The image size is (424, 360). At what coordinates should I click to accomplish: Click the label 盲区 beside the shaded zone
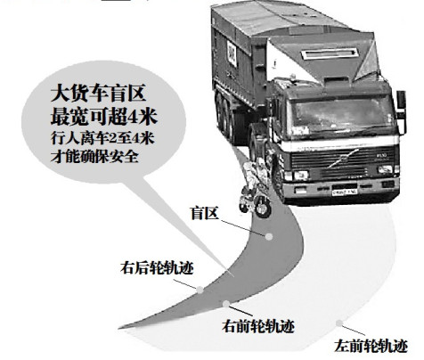pyautogui.click(x=205, y=213)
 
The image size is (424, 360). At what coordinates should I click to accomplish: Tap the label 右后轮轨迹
pyautogui.click(x=157, y=268)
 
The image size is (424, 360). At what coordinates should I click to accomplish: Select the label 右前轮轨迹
pyautogui.click(x=258, y=326)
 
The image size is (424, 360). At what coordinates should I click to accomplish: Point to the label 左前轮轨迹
pyautogui.click(x=371, y=346)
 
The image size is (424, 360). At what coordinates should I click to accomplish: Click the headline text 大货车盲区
pyautogui.click(x=98, y=94)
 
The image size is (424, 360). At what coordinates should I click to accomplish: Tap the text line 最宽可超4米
pyautogui.click(x=103, y=117)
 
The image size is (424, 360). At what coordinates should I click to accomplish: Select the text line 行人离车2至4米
pyautogui.click(x=102, y=138)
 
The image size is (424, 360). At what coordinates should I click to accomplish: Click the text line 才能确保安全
pyautogui.click(x=94, y=157)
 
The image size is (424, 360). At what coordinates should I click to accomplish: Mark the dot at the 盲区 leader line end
pyautogui.click(x=269, y=236)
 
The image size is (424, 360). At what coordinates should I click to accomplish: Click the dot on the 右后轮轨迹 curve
pyautogui.click(x=200, y=290)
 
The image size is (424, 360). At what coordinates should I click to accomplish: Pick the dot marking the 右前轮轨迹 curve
pyautogui.click(x=226, y=304)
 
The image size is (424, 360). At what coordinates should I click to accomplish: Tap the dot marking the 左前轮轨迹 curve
pyautogui.click(x=339, y=323)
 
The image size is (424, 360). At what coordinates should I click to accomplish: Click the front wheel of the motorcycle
pyautogui.click(x=263, y=207)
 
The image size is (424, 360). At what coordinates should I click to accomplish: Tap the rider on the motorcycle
pyautogui.click(x=253, y=176)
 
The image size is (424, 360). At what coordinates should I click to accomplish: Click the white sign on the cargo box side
pyautogui.click(x=232, y=53)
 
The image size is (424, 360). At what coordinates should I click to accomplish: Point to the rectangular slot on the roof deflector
pyautogui.click(x=330, y=53)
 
